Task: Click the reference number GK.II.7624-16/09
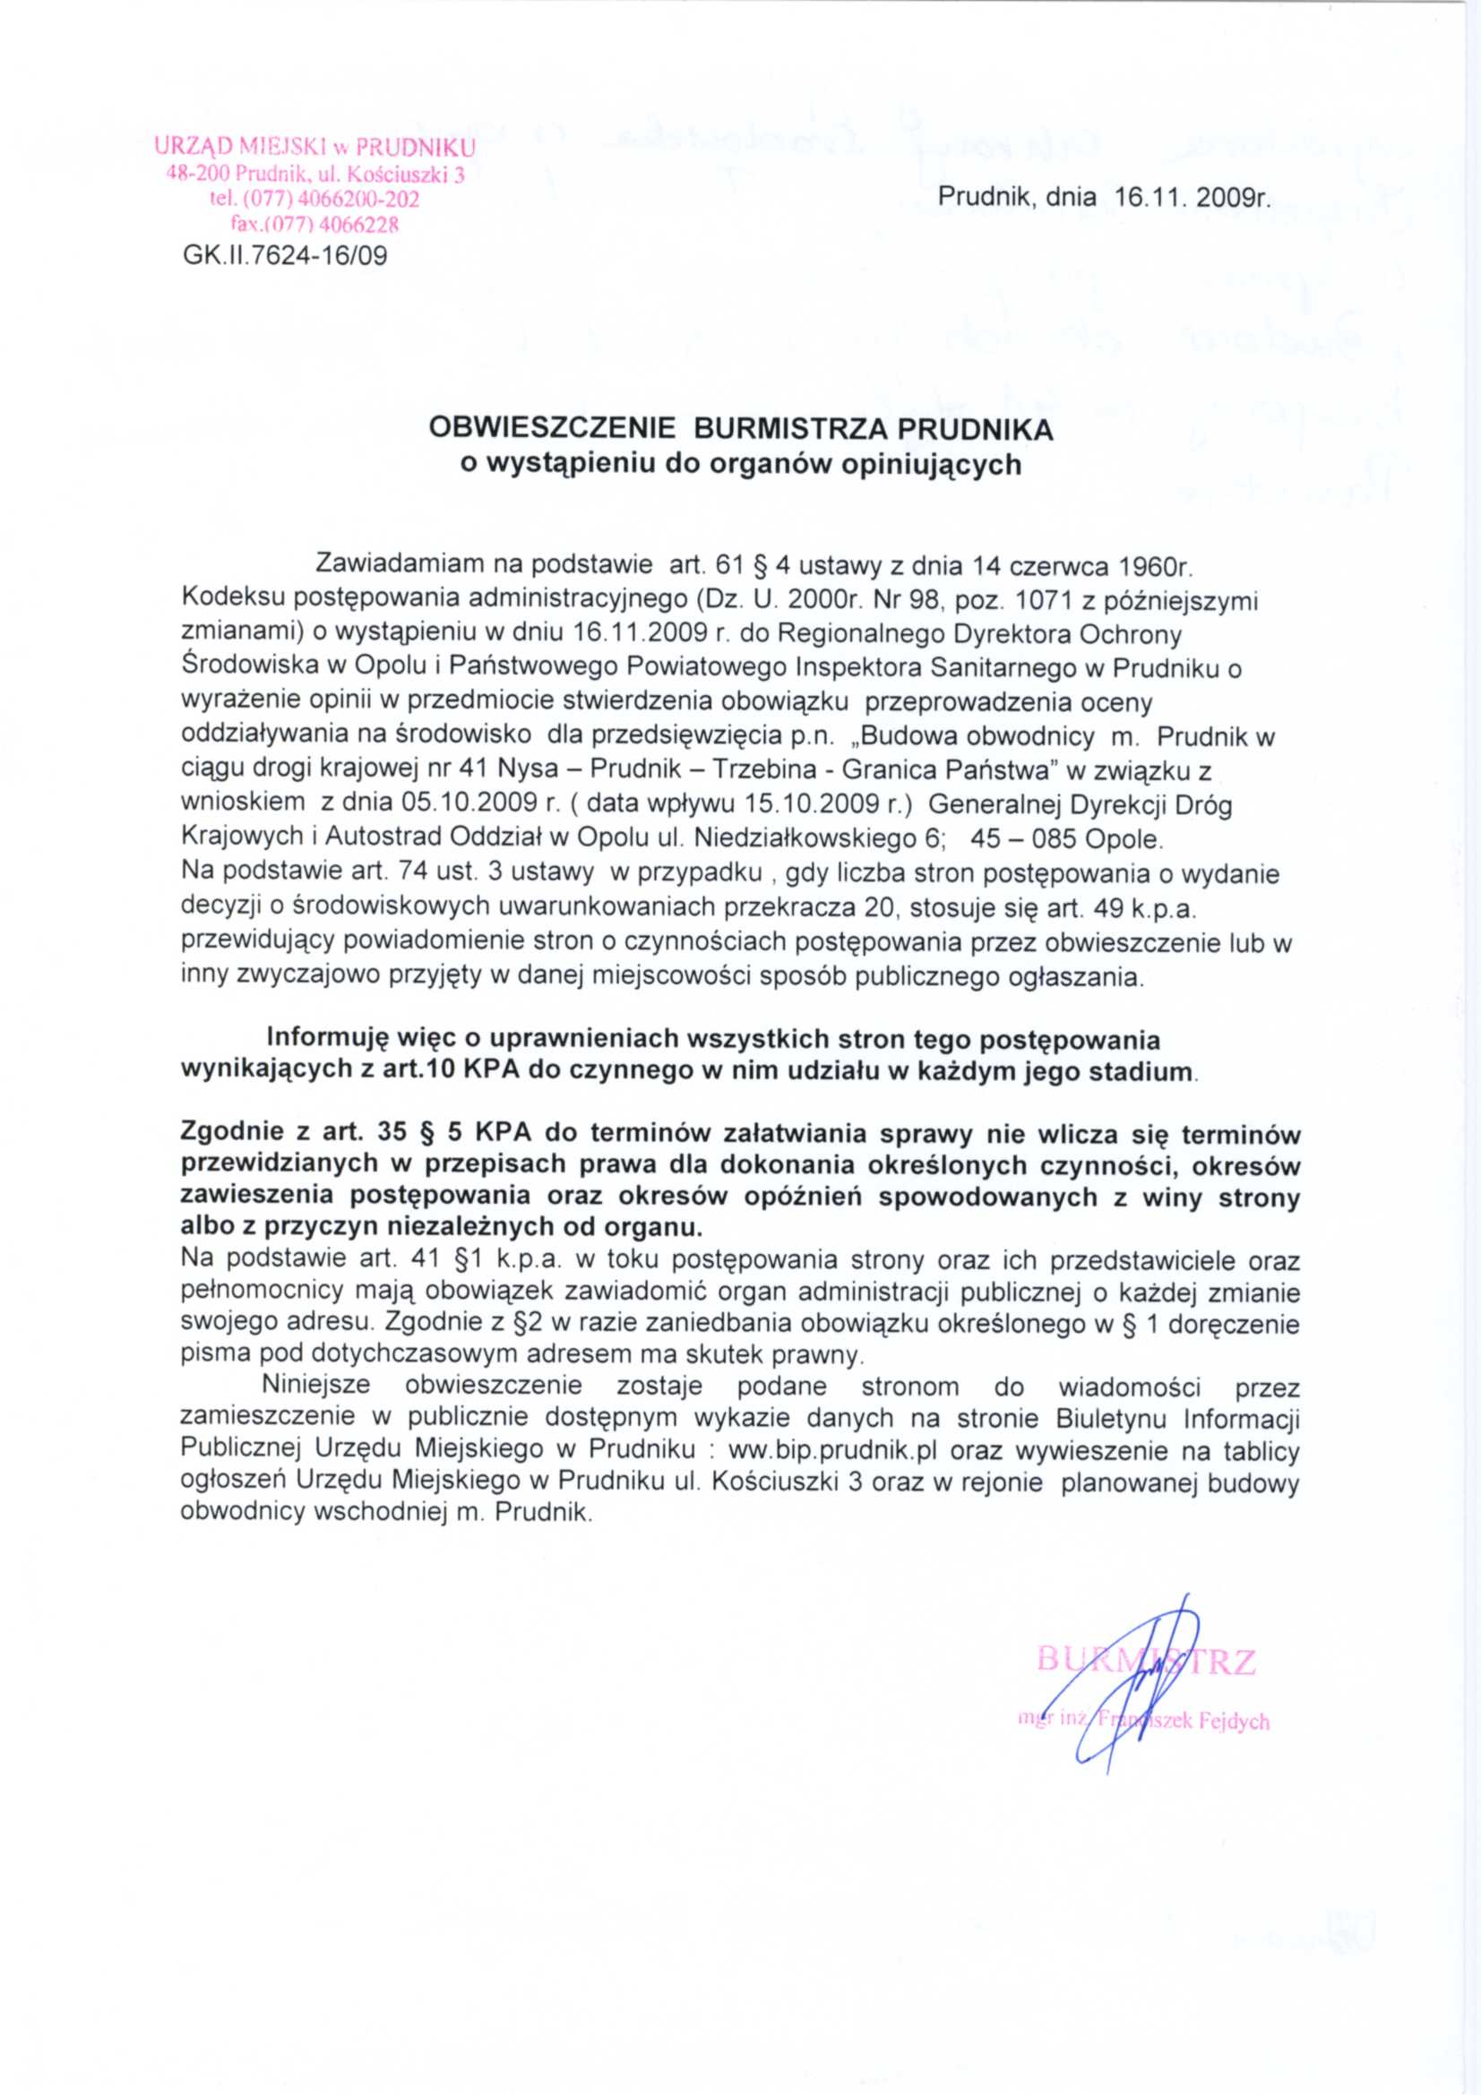tap(285, 255)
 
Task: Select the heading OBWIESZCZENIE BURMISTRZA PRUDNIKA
tap(740, 429)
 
